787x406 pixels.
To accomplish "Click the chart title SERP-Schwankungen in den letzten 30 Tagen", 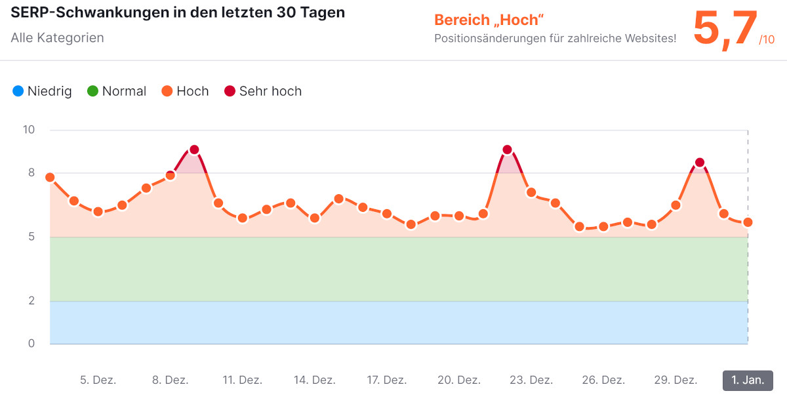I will click(x=178, y=12).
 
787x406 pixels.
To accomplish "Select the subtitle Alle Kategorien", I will click(x=57, y=37).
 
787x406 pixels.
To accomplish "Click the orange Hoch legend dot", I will click(x=167, y=91).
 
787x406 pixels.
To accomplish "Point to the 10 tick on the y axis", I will click(x=28, y=130).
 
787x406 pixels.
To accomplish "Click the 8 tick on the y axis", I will click(x=31, y=173).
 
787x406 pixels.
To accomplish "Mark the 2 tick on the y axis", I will click(x=31, y=301).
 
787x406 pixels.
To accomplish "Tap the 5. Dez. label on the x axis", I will click(x=98, y=380).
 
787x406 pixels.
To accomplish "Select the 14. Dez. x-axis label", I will click(x=314, y=380).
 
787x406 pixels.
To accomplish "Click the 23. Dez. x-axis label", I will click(x=531, y=380).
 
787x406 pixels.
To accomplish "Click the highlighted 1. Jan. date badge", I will click(x=748, y=380).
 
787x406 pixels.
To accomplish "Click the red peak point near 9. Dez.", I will click(x=194, y=150).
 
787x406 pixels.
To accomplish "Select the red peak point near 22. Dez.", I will click(x=507, y=150).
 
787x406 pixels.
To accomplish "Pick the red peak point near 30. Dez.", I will click(x=700, y=163).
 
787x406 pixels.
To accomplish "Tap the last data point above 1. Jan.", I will click(x=748, y=222).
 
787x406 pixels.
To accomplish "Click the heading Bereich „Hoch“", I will click(x=489, y=20).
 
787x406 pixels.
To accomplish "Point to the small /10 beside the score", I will click(x=767, y=40).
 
